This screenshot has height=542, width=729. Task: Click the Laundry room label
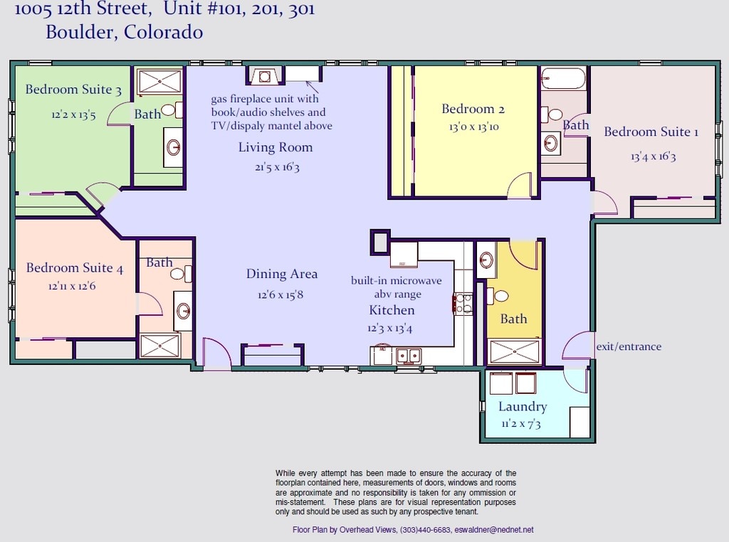tap(523, 406)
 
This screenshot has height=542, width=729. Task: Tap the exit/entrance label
tap(629, 346)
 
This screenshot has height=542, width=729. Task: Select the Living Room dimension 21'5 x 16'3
tap(277, 166)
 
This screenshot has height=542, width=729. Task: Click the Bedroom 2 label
tap(473, 109)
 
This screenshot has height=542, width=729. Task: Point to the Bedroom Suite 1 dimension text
tap(654, 156)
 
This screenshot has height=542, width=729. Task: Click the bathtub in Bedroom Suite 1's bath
tap(563, 78)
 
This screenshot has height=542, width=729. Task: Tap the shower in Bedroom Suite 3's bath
tap(160, 81)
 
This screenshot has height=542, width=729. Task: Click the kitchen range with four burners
tap(463, 304)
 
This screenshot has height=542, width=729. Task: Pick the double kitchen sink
tap(409, 356)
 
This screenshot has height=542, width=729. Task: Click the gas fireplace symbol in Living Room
tap(265, 75)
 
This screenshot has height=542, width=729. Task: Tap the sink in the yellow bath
tap(486, 260)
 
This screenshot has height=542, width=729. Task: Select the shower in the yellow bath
tap(515, 351)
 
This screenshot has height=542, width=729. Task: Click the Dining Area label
tap(282, 274)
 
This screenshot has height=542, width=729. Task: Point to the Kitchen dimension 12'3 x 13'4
tap(389, 329)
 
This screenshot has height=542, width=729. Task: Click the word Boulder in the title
tap(82, 32)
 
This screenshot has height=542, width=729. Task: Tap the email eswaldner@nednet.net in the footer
tap(494, 530)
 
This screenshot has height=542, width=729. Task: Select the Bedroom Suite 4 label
tap(74, 268)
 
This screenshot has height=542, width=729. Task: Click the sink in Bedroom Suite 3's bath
tap(174, 147)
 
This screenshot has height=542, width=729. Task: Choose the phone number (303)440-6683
tap(425, 530)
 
